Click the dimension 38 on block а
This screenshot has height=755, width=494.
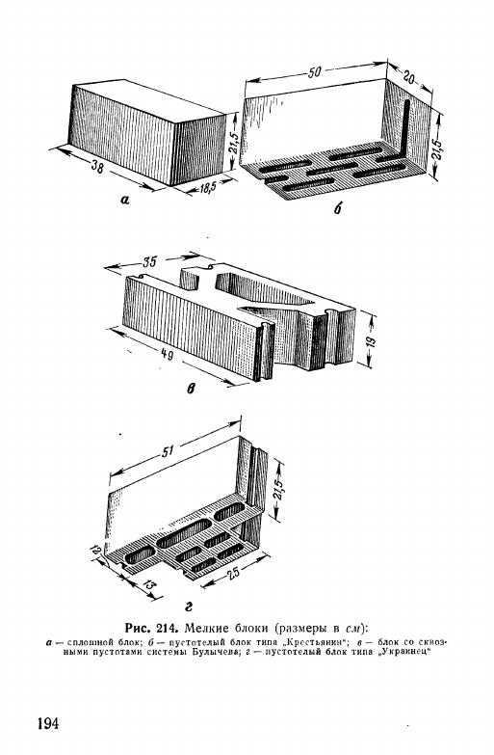click(x=96, y=167)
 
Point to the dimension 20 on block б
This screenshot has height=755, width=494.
click(x=407, y=77)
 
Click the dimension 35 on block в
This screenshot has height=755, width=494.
click(x=149, y=262)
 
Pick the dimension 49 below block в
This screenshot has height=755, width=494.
click(x=167, y=354)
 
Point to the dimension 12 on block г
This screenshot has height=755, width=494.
click(x=97, y=551)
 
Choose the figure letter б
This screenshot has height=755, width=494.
click(x=338, y=208)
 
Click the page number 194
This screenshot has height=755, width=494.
click(x=47, y=723)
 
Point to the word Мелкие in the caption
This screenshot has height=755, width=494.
click(x=208, y=628)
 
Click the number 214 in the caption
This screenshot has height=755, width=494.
click(x=169, y=628)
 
